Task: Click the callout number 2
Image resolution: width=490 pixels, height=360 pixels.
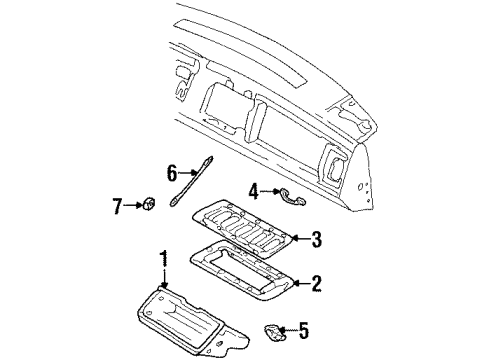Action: (315, 283)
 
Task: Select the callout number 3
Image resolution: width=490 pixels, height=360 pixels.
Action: (315, 238)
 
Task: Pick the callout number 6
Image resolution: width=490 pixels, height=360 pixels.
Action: (172, 172)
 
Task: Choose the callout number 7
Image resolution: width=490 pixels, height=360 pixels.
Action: (116, 206)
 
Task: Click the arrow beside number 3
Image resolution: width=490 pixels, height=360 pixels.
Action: (299, 238)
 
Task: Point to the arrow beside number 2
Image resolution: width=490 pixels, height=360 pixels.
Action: (299, 283)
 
